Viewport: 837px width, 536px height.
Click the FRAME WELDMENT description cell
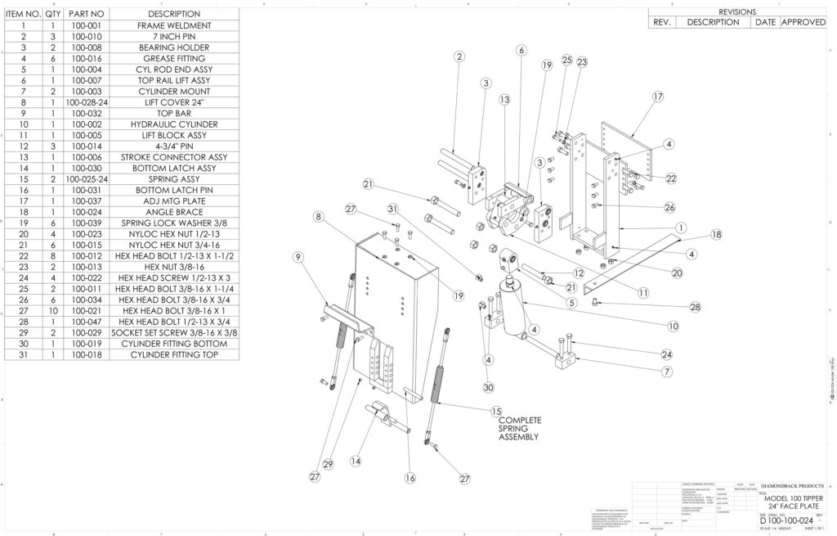173,26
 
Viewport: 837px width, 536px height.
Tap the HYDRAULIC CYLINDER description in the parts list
173,124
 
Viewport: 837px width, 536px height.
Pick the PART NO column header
86,14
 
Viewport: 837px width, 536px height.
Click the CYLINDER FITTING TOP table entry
173,354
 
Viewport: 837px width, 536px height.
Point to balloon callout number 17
657,97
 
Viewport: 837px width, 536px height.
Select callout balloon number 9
298,257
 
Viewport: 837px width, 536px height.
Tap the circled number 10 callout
673,326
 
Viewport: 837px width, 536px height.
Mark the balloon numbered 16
410,477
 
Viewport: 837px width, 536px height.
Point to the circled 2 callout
459,56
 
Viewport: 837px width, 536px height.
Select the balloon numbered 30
489,387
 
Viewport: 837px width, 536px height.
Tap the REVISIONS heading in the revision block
736,11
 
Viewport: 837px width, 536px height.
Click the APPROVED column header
803,22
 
